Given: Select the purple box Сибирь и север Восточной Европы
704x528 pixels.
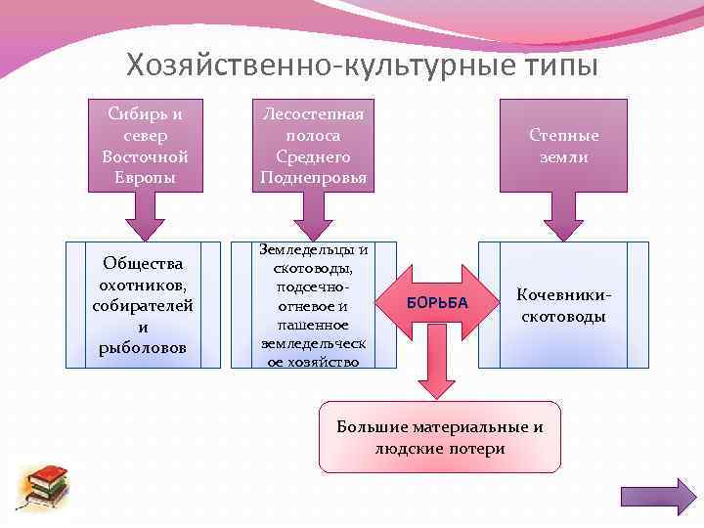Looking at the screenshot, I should click(x=145, y=145).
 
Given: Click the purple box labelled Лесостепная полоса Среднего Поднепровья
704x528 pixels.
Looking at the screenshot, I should click(x=314, y=145).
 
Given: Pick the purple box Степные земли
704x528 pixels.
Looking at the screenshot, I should click(x=563, y=145).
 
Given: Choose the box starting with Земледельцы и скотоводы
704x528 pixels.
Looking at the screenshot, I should click(x=314, y=305).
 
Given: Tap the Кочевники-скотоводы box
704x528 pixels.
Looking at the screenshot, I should click(x=563, y=305).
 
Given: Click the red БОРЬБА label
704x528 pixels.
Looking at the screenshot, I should click(x=436, y=303).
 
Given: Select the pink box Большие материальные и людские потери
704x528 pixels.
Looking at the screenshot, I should click(x=440, y=437).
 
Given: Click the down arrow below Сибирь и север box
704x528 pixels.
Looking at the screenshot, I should click(x=144, y=216).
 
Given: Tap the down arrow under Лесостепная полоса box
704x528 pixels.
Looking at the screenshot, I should click(x=314, y=216).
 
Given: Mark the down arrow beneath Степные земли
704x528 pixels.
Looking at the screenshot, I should click(x=564, y=216).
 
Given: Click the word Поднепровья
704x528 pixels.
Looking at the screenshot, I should click(x=314, y=178).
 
